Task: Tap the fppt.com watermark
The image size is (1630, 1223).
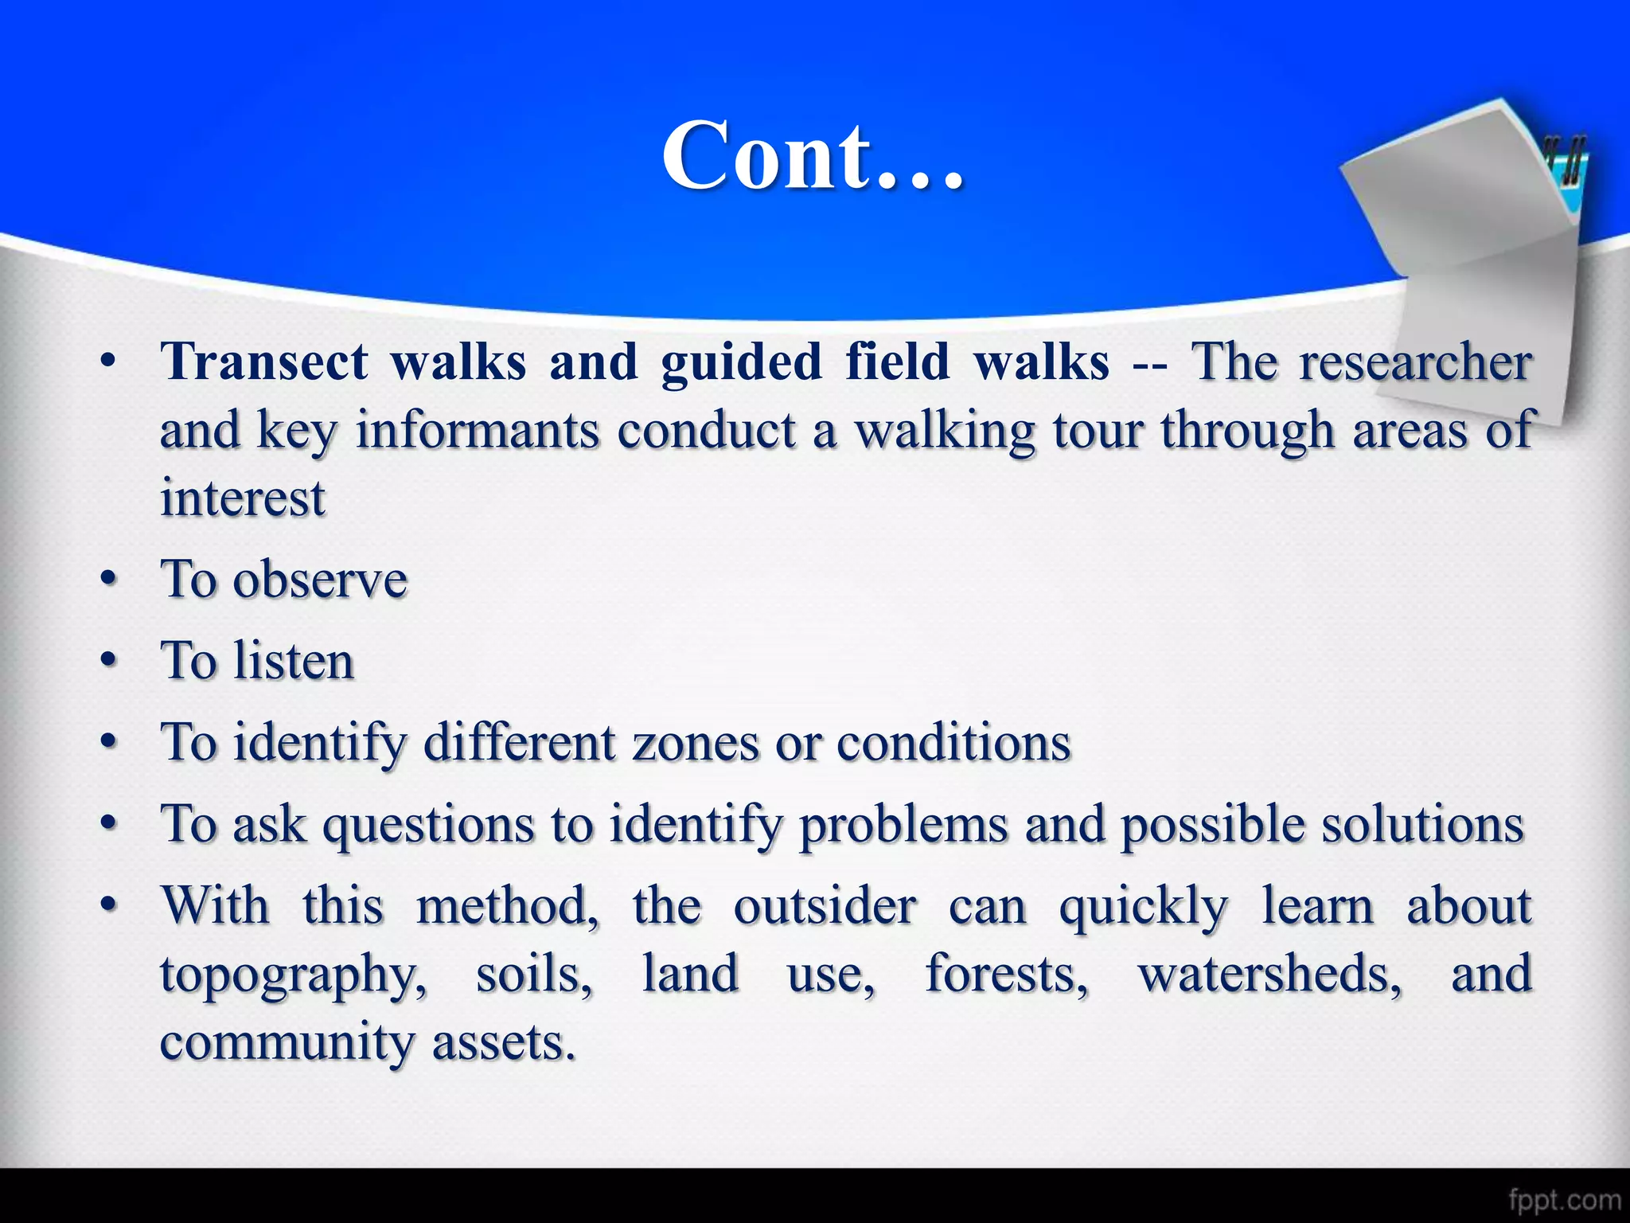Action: pos(1564,1199)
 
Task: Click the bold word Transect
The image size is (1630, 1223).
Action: pos(264,362)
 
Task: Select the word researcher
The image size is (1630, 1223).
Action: pos(1415,362)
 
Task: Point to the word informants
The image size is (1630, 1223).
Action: pos(477,431)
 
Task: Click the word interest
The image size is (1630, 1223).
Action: pos(243,499)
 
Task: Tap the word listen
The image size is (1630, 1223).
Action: pos(294,661)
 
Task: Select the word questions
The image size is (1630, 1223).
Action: pos(428,824)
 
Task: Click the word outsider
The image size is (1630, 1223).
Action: pos(825,906)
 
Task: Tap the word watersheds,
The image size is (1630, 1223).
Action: pos(1270,975)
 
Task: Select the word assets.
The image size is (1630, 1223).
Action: pos(503,1042)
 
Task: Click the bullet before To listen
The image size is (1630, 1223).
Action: pos(109,661)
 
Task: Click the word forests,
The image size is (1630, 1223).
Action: pos(1006,975)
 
